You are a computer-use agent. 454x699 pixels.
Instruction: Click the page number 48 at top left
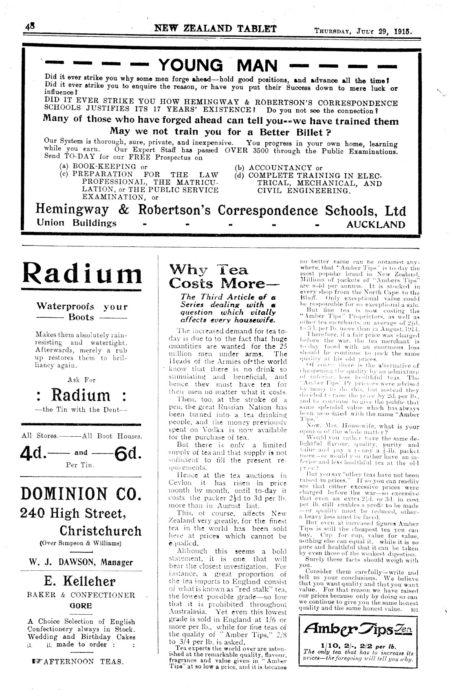tap(30, 29)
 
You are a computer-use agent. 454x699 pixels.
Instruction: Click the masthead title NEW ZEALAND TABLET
tap(215, 29)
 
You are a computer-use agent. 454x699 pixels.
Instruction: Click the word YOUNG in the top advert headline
tap(190, 66)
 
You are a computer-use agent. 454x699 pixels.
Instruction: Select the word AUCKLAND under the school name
tap(376, 224)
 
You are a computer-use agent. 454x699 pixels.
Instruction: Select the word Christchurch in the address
tap(101, 531)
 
